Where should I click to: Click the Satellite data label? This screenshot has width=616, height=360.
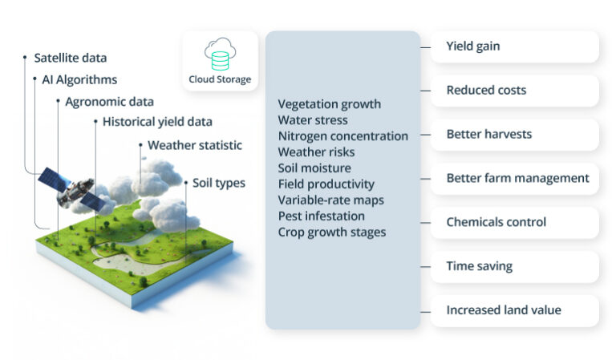pos(70,58)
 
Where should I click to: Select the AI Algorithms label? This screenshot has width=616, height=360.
pos(79,79)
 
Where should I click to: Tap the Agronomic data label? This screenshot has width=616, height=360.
pos(110,102)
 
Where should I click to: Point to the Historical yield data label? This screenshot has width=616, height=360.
pos(157,122)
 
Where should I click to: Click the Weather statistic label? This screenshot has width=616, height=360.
pos(194,145)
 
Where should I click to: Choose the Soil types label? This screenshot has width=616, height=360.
pos(219,183)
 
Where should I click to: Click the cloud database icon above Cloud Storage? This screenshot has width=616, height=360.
pos(220,55)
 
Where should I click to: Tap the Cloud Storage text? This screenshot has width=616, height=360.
pos(220,79)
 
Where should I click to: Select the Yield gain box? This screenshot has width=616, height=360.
pos(515,47)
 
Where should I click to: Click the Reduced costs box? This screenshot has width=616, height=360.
pos(515,91)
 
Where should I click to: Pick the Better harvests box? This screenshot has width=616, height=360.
pos(515,134)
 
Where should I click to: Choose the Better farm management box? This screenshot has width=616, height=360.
pos(515,178)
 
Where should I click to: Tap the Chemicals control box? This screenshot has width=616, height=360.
pos(515,222)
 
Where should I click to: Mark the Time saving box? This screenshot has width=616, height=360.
pos(515,266)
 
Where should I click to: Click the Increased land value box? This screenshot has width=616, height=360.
pos(515,310)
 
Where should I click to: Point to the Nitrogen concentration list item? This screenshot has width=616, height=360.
pos(342,136)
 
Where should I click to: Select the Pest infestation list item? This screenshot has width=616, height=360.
pos(321,216)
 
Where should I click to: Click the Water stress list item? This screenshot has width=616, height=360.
pos(313,120)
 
